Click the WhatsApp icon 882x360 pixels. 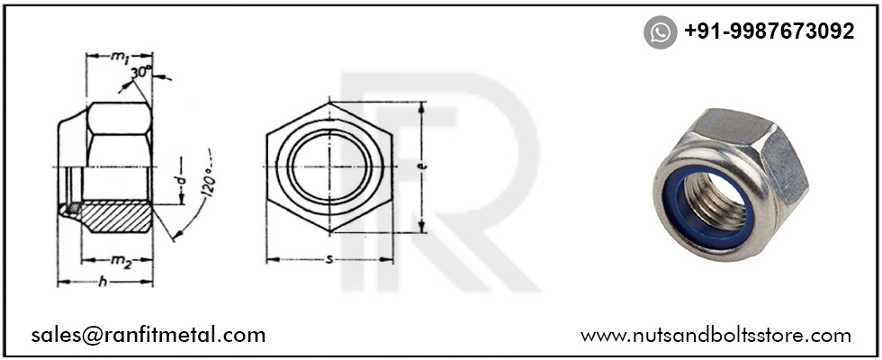(660, 32)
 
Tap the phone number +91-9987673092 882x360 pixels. (769, 31)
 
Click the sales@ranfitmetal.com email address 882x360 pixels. (148, 335)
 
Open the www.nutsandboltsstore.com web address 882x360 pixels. (715, 336)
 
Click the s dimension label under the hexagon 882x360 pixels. (328, 260)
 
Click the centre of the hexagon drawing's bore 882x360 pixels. (329, 168)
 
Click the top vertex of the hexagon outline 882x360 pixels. (329, 103)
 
